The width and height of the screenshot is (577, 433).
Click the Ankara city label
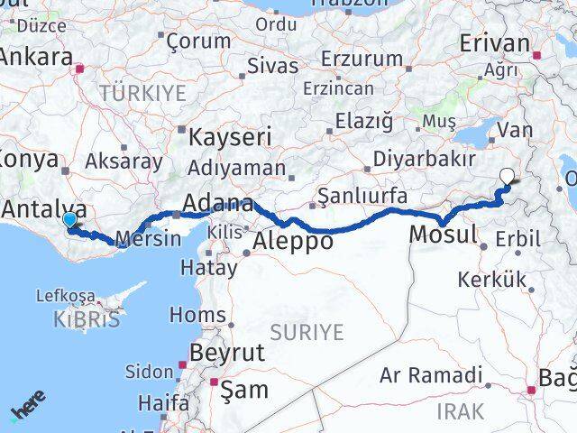point(36,57)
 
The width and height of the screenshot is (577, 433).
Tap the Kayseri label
point(230,136)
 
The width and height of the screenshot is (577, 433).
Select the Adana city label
point(217,203)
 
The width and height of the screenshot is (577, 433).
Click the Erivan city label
point(494,42)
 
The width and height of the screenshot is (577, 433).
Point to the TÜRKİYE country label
point(142,92)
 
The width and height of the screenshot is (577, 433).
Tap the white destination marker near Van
point(508,178)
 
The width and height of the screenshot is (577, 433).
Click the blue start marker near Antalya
point(69,219)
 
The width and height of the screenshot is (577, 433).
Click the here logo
point(29,410)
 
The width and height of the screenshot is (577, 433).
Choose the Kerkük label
point(492,280)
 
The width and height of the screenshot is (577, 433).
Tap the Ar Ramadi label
point(431,375)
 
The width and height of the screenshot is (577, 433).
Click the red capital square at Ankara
point(80,67)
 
